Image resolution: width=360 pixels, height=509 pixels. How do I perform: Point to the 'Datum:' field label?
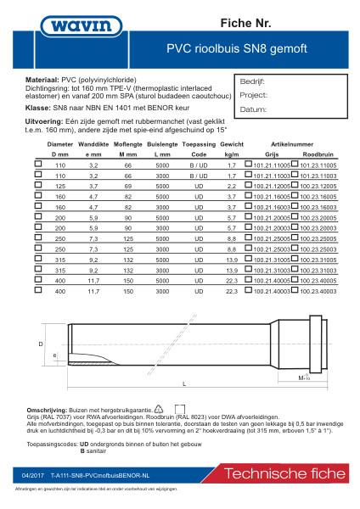[x=252, y=109]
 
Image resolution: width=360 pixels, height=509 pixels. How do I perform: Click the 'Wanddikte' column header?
[x=94, y=146]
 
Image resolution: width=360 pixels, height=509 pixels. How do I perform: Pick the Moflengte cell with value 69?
[x=128, y=184]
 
